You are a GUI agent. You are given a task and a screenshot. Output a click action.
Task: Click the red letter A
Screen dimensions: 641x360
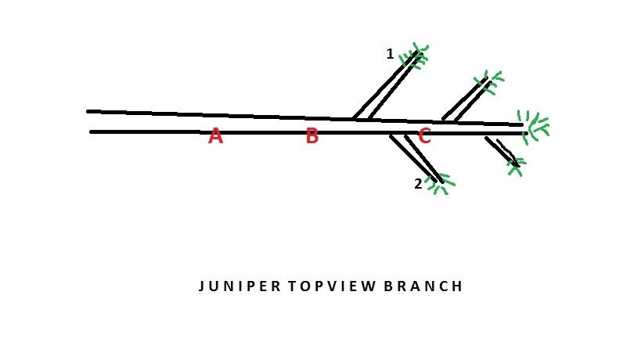(216, 135)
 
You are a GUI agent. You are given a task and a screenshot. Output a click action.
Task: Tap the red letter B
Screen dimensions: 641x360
(312, 135)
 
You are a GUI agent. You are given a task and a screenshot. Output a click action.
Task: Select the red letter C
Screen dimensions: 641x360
(424, 135)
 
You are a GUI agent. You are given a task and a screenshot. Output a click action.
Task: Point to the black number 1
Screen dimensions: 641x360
(390, 54)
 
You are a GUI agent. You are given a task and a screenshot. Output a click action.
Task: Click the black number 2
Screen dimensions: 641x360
(418, 184)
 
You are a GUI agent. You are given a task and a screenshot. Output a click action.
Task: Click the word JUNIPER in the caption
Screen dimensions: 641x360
(239, 286)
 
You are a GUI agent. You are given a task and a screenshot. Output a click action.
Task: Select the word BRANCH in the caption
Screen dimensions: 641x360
(423, 286)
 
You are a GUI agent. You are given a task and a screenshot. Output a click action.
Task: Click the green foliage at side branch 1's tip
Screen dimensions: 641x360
(414, 56)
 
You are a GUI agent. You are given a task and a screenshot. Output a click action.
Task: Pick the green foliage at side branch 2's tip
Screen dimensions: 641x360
(440, 184)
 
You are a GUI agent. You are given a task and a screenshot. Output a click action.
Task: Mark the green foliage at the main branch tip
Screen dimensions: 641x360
(533, 126)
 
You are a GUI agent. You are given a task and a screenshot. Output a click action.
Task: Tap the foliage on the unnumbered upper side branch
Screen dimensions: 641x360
(489, 82)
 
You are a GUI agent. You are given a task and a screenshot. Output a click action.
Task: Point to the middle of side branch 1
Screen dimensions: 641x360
(387, 86)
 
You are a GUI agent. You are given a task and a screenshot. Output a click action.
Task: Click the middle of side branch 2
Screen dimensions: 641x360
(416, 158)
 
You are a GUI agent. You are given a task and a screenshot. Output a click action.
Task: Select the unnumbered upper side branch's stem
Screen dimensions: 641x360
(466, 99)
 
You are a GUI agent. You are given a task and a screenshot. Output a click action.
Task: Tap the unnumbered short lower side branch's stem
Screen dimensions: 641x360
(502, 151)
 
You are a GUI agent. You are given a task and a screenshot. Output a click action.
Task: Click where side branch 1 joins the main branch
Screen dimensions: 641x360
(362, 119)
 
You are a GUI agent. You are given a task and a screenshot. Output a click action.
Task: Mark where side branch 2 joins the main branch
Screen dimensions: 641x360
(398, 135)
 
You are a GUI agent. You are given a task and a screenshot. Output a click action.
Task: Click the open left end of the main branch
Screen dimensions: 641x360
(88, 121)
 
